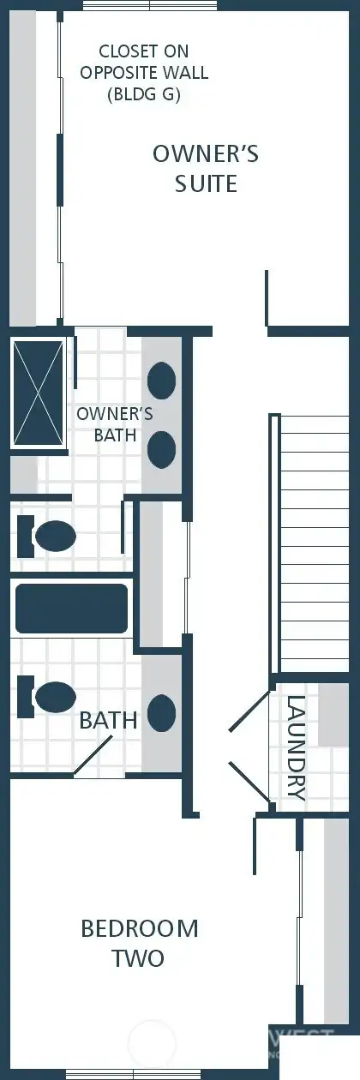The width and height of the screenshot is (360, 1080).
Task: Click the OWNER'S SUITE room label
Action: click(x=206, y=168)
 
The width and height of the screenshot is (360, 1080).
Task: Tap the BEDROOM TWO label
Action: click(x=139, y=943)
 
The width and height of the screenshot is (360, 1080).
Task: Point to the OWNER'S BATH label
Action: click(x=115, y=424)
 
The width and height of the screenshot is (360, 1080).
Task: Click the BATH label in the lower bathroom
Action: click(x=108, y=721)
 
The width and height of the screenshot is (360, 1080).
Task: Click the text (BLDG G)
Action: click(x=144, y=95)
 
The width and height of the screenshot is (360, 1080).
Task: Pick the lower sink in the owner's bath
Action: click(x=162, y=448)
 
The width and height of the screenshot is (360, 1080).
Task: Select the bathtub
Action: click(x=72, y=609)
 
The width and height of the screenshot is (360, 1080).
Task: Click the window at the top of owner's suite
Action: click(x=150, y=5)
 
